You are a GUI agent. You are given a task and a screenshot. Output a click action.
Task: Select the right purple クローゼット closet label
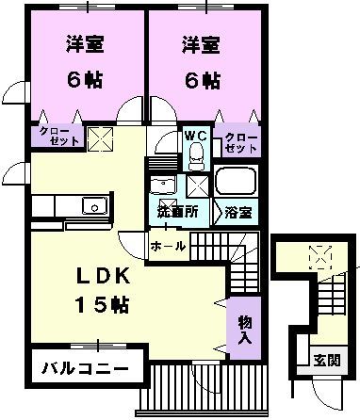pyautogui.click(x=240, y=143)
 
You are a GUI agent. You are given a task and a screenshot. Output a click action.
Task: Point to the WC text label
pyautogui.click(x=195, y=135)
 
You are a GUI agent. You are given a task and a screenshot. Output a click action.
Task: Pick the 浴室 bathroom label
pyautogui.click(x=238, y=212)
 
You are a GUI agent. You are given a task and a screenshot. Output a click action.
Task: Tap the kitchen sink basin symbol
pyautogui.click(x=92, y=206)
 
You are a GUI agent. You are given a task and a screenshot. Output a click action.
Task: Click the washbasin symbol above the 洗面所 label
pyautogui.click(x=164, y=184)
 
